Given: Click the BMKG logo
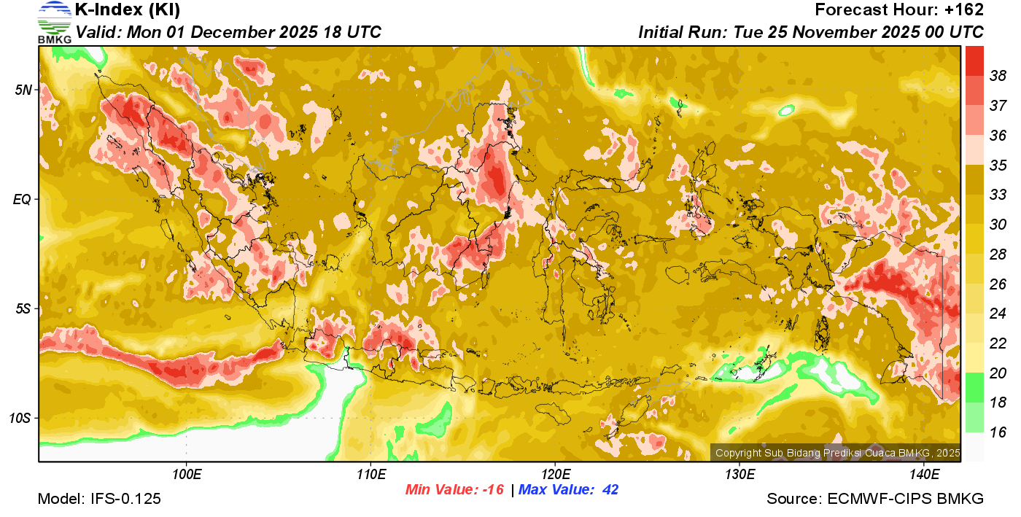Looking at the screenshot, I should pyautogui.click(x=55, y=22).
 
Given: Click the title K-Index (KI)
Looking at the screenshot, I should pyautogui.click(x=128, y=10).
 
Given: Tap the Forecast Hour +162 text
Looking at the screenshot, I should pyautogui.click(x=899, y=10).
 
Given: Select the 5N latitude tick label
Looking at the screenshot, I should pyautogui.click(x=24, y=90).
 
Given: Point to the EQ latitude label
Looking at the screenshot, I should pyautogui.click(x=23, y=199).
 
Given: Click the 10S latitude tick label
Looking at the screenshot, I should pyautogui.click(x=21, y=418).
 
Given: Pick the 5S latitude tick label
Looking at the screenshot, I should pyautogui.click(x=24, y=308).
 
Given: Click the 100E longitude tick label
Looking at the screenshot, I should pyautogui.click(x=187, y=475).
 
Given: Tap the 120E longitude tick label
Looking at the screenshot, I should pyautogui.click(x=555, y=475).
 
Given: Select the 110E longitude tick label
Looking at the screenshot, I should pyautogui.click(x=370, y=475).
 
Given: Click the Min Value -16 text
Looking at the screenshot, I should pyautogui.click(x=455, y=489).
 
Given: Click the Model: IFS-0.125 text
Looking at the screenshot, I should pyautogui.click(x=99, y=499).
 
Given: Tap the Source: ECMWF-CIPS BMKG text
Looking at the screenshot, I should pyautogui.click(x=875, y=499).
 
